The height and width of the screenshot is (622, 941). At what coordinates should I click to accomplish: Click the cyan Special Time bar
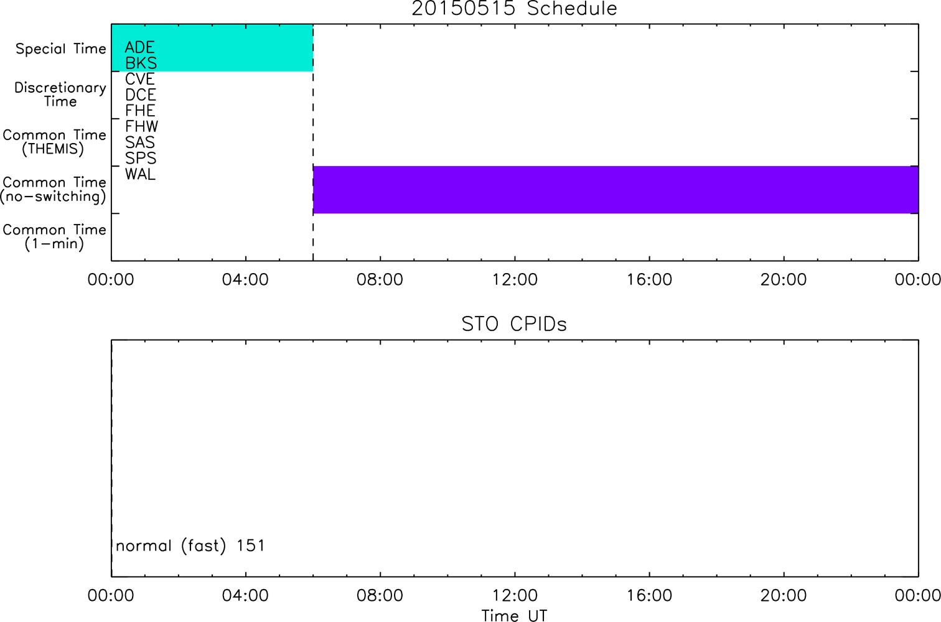point(212,48)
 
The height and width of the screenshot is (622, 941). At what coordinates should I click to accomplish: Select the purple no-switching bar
point(616,190)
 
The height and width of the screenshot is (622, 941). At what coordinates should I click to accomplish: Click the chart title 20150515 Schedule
point(515,9)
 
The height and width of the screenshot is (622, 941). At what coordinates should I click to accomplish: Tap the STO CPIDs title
point(515,324)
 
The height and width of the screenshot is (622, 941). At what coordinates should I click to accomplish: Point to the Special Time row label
point(61,49)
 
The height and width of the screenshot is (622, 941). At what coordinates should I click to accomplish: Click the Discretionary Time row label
point(60,95)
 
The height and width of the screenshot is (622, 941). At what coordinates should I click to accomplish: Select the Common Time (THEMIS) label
point(54,142)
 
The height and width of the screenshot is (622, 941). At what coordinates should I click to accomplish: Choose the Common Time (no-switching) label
point(53,190)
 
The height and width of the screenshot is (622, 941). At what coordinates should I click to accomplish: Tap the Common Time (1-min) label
point(54,237)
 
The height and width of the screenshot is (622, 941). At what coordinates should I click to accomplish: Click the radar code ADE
point(140,47)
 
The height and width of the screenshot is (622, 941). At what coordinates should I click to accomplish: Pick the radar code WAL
point(140,174)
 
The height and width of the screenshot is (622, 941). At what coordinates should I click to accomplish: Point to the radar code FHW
point(141,126)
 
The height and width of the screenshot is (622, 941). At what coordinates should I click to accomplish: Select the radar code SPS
point(141,159)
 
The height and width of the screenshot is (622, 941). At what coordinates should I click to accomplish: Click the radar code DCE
point(141,95)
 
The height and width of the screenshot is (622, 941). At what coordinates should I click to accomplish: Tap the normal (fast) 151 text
point(190,545)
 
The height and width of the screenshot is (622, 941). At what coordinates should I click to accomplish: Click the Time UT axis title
point(515,616)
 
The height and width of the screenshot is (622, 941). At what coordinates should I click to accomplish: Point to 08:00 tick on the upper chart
point(380,279)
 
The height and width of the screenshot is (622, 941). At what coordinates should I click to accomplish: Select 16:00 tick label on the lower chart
point(649,595)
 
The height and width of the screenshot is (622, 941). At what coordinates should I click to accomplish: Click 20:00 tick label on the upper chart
point(784,279)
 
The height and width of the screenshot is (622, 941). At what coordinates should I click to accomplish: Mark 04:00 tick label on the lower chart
point(245,595)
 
